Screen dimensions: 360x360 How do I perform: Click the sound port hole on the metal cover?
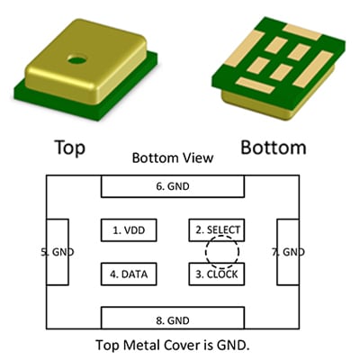click(76, 59)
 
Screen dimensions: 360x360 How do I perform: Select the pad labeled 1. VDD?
click(129, 230)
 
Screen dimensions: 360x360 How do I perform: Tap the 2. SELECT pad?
click(217, 230)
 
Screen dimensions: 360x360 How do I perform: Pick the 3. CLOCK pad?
click(217, 274)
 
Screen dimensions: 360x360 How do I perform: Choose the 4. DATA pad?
click(129, 274)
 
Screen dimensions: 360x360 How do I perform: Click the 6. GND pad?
click(173, 186)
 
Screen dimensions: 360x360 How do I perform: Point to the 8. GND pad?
click(173, 318)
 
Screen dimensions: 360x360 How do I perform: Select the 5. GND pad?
click(58, 252)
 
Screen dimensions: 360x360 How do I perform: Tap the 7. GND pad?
click(288, 252)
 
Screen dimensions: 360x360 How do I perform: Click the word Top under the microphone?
click(70, 148)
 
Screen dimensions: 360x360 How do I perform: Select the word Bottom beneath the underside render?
click(274, 148)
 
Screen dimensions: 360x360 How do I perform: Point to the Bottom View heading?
click(173, 157)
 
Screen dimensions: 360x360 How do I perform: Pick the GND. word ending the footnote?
click(233, 345)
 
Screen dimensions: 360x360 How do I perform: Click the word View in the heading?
click(200, 157)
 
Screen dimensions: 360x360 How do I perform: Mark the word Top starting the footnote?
click(107, 346)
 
